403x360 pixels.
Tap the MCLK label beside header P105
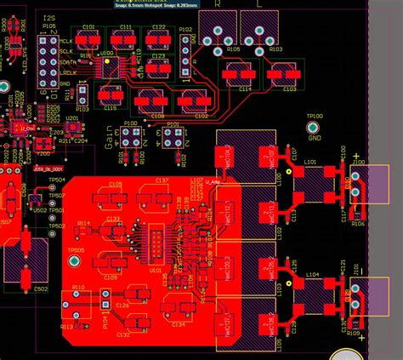66,41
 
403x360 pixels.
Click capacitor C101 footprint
88,40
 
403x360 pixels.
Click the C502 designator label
41,289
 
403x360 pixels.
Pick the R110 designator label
78,289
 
